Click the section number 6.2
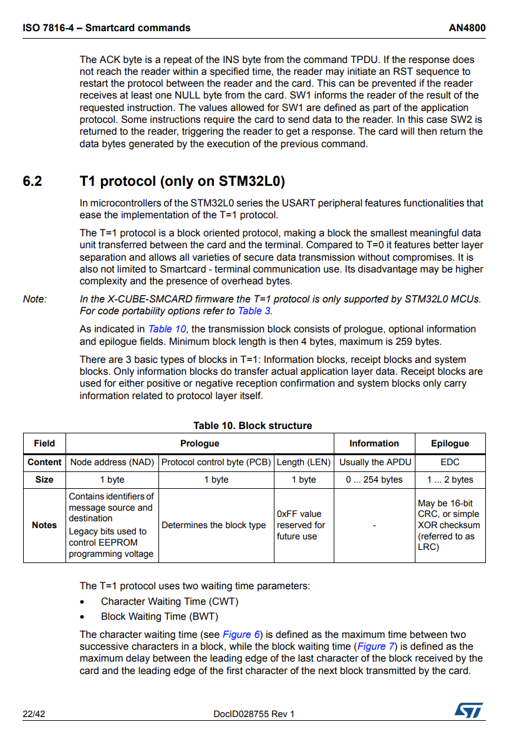point(32,181)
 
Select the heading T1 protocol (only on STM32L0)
point(182,181)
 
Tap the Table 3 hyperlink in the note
point(254,311)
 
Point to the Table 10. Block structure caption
point(253,425)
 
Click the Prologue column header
point(200,443)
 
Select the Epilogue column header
point(450,443)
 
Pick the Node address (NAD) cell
point(112,462)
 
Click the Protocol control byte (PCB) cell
point(216,462)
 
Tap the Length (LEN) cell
point(304,462)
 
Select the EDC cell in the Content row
point(450,462)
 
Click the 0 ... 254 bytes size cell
point(374,479)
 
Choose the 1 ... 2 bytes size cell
point(450,479)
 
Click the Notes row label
point(44,525)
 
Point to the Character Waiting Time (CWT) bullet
point(170,601)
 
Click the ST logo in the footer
point(468,710)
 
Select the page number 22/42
point(34,714)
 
